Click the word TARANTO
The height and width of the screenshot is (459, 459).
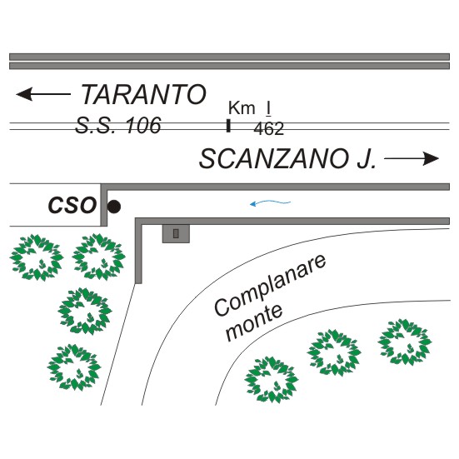click(143, 94)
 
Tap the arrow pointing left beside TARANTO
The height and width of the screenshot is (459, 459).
click(43, 94)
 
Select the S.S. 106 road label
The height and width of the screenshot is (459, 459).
click(118, 125)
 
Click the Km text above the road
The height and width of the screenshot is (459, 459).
click(242, 107)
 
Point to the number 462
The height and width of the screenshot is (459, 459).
click(269, 129)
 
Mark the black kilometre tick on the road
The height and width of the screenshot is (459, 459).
click(228, 126)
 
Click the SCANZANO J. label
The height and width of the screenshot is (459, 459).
click(287, 158)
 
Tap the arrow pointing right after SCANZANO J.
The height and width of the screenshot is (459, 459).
click(412, 158)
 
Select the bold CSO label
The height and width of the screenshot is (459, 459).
click(72, 205)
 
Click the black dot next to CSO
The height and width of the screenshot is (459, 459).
click(113, 207)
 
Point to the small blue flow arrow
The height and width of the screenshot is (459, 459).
click(270, 202)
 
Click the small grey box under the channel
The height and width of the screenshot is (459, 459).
click(176, 233)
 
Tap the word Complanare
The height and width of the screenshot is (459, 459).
click(270, 285)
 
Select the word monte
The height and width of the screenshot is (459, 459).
click(254, 322)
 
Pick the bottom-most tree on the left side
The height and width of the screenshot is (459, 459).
click(74, 367)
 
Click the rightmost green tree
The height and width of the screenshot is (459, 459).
click(405, 342)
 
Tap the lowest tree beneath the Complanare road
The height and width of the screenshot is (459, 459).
click(272, 380)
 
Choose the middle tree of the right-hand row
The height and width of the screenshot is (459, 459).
click(334, 352)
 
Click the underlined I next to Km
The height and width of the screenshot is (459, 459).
click(268, 108)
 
